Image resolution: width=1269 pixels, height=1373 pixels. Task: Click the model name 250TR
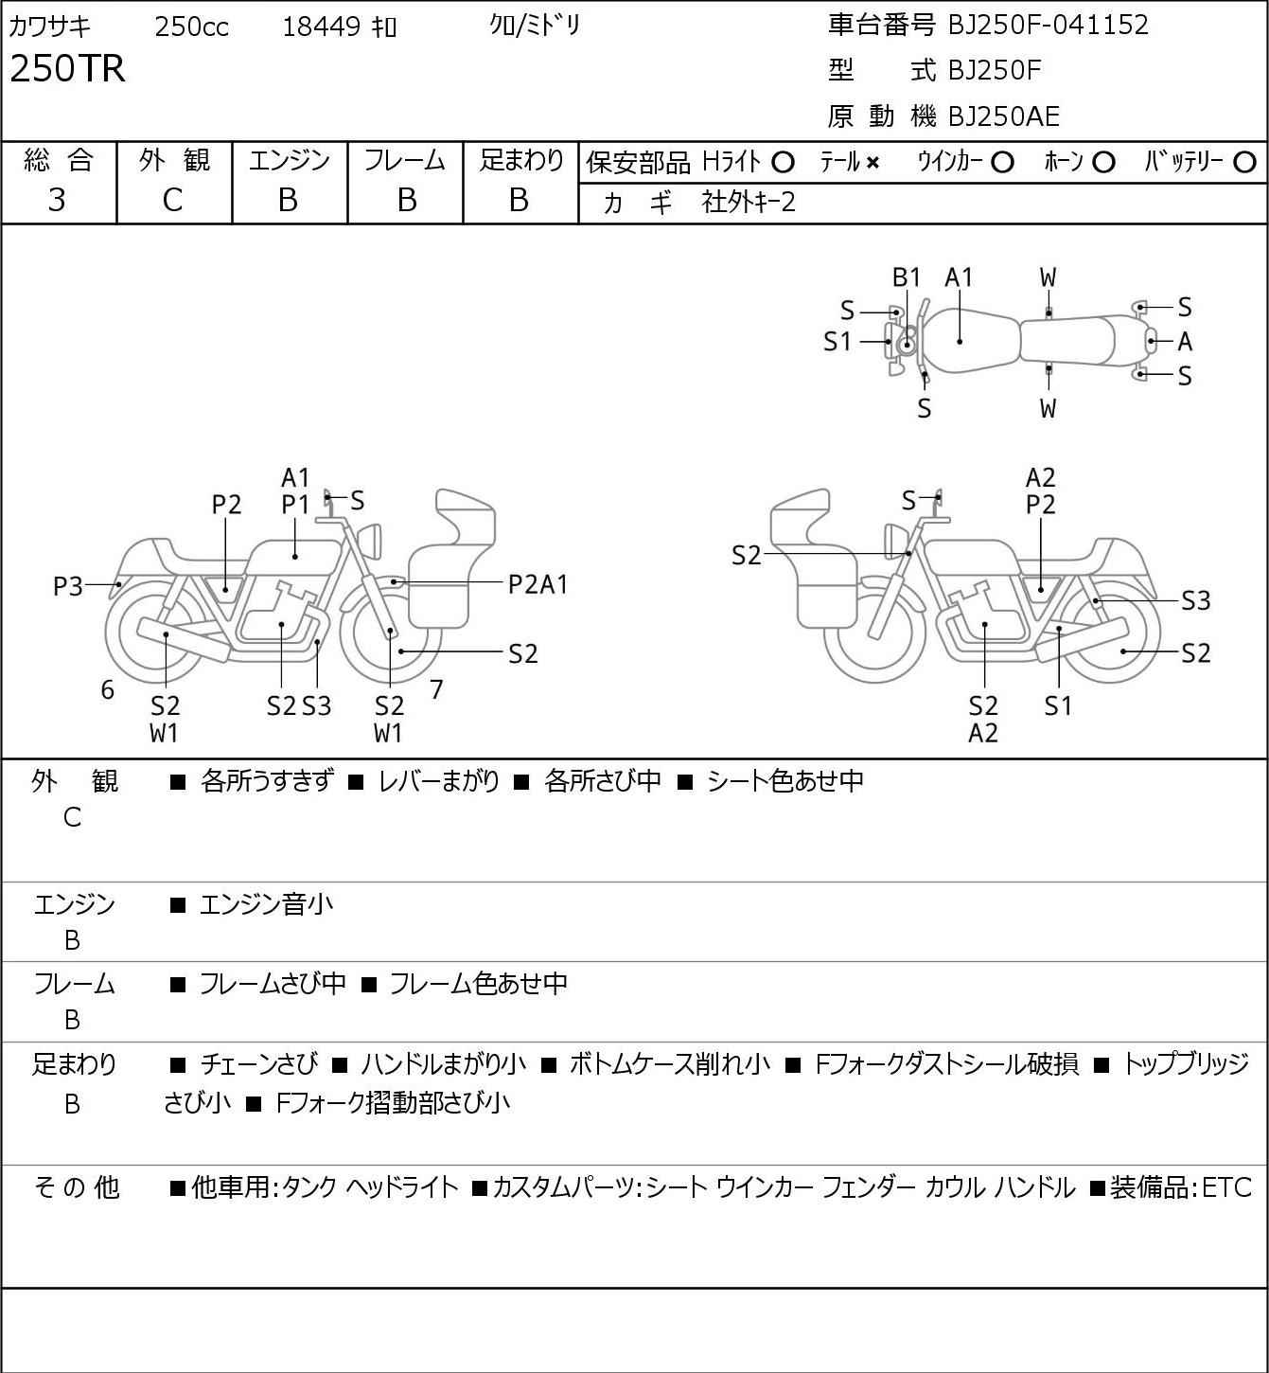[x=68, y=68]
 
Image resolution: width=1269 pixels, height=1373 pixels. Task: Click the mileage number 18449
[x=322, y=27]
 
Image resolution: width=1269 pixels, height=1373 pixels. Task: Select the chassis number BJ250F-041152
[x=1048, y=25]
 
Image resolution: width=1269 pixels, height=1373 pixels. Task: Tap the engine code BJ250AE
[x=1004, y=116]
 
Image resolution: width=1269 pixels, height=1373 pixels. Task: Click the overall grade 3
[x=57, y=201]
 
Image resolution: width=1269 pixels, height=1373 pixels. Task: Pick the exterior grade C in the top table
[x=173, y=201]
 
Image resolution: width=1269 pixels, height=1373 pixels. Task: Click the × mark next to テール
[x=872, y=163]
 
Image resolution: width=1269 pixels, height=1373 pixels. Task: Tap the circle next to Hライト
[x=783, y=163]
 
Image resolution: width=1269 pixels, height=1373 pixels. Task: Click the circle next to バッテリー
[x=1244, y=163]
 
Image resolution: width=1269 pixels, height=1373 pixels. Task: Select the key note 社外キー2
[x=749, y=203]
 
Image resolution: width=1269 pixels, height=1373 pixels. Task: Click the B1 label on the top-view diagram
[x=907, y=278]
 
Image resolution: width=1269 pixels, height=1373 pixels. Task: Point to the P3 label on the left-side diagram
[x=68, y=587]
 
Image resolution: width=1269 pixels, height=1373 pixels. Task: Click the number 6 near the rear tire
[x=107, y=689]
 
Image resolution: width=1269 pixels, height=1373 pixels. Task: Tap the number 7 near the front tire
[x=436, y=689]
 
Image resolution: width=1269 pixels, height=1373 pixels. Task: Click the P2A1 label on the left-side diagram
[x=538, y=585]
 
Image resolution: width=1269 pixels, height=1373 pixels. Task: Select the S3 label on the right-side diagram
[x=1196, y=600]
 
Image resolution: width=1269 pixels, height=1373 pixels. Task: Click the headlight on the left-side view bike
[x=370, y=539]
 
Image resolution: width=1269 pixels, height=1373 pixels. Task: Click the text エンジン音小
[x=266, y=904]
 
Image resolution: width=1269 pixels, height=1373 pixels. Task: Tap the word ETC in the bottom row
[x=1226, y=1187]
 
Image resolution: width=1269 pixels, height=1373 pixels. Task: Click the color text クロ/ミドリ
[x=535, y=27]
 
